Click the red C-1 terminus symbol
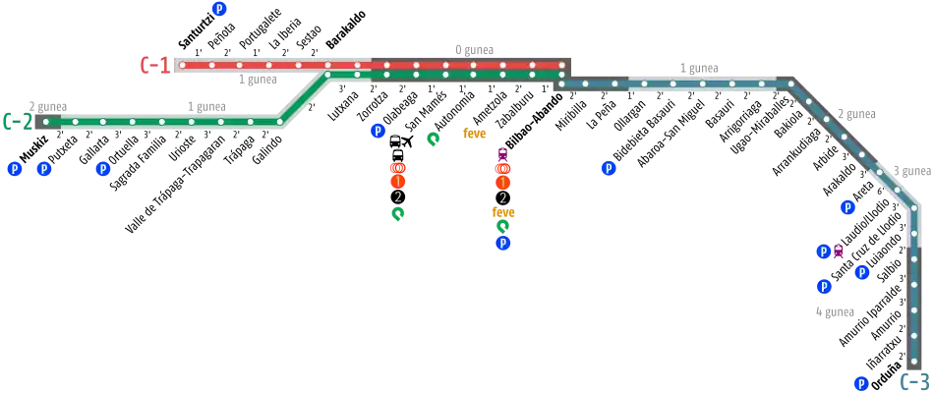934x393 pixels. click(151, 66)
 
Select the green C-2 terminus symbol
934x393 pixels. click(16, 122)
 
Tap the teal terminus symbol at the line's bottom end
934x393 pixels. click(914, 380)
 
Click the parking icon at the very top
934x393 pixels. click(218, 10)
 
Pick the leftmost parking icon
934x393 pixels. click(14, 170)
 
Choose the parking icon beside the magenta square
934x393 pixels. click(823, 253)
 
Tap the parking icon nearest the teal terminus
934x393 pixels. click(861, 382)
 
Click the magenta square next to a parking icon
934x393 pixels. click(839, 253)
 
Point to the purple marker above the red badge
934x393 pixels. click(502, 153)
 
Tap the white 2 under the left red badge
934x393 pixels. click(397, 197)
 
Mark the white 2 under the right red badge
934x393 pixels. click(502, 197)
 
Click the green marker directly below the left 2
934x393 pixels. click(397, 213)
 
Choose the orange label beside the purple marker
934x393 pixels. click(475, 135)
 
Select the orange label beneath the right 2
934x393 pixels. click(502, 212)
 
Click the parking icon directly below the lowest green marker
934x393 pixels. click(502, 243)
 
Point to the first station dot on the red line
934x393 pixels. click(183, 66)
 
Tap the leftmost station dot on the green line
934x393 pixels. click(45, 122)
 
